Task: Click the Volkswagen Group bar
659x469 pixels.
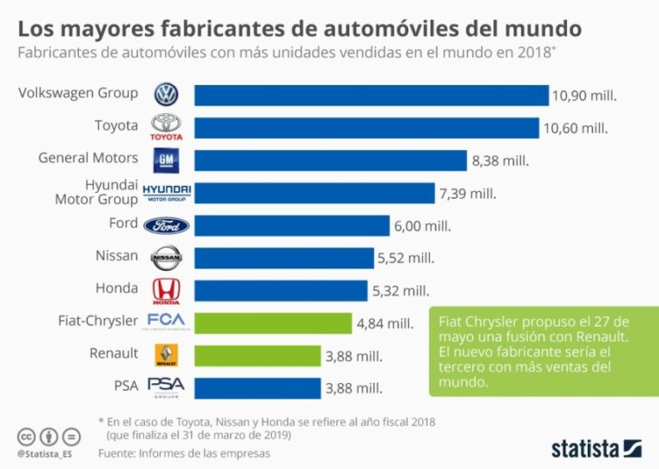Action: click(x=371, y=94)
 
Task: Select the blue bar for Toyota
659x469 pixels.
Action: click(x=366, y=127)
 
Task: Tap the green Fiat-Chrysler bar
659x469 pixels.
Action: click(x=273, y=322)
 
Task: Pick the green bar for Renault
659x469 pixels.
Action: click(x=257, y=355)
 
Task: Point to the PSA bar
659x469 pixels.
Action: click(x=257, y=388)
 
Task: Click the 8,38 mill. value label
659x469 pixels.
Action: click(x=500, y=160)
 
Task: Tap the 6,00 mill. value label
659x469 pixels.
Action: click(x=422, y=225)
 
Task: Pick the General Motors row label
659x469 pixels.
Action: click(x=88, y=158)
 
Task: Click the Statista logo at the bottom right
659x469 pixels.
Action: click(x=596, y=447)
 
